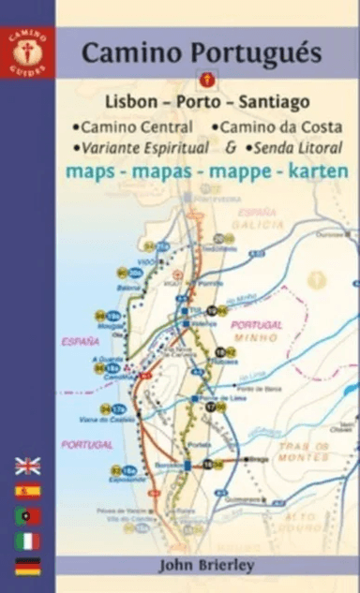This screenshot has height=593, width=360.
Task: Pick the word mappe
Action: [x=247, y=172]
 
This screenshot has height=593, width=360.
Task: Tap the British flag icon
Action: [x=27, y=466]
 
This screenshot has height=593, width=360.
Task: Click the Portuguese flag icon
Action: [x=27, y=515]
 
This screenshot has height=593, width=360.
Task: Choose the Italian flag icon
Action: [x=27, y=541]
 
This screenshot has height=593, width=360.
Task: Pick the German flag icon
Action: [x=27, y=566]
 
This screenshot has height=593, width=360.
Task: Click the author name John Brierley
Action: [x=205, y=566]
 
